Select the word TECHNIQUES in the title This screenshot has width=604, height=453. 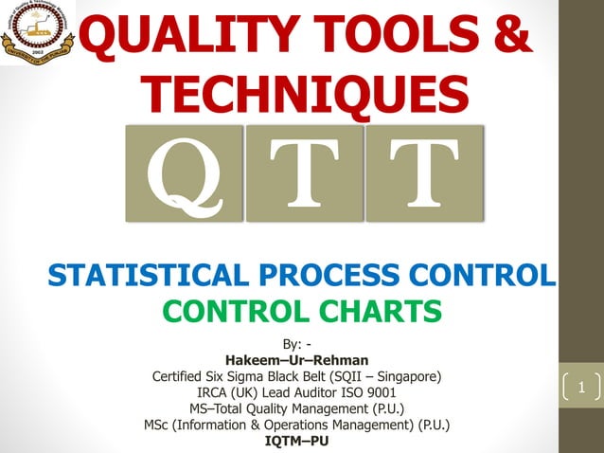(309, 94)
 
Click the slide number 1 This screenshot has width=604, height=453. (582, 388)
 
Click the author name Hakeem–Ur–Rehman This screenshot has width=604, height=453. (296, 359)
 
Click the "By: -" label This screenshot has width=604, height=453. (296, 343)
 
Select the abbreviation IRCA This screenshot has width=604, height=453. (214, 392)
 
